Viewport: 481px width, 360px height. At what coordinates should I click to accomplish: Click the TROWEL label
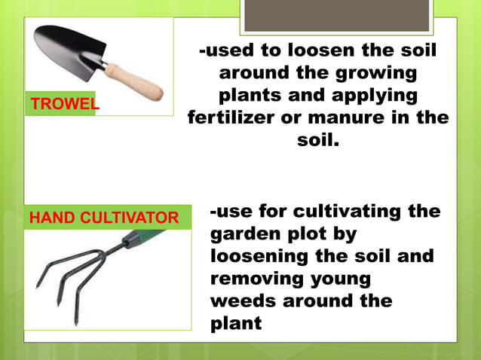coord(64,105)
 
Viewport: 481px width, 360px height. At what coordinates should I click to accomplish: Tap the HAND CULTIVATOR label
coord(104,218)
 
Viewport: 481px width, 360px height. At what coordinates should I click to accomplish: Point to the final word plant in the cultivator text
coord(236,324)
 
